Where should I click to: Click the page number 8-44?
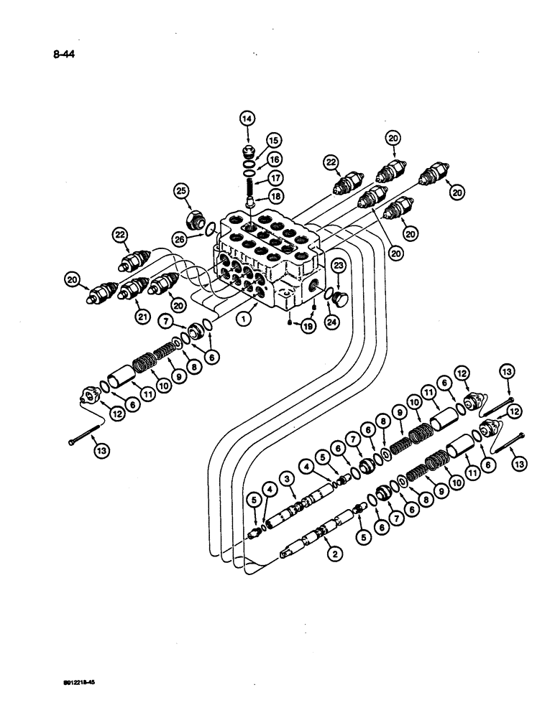[63, 52]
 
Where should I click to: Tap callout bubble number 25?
[180, 191]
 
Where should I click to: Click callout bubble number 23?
[340, 266]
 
